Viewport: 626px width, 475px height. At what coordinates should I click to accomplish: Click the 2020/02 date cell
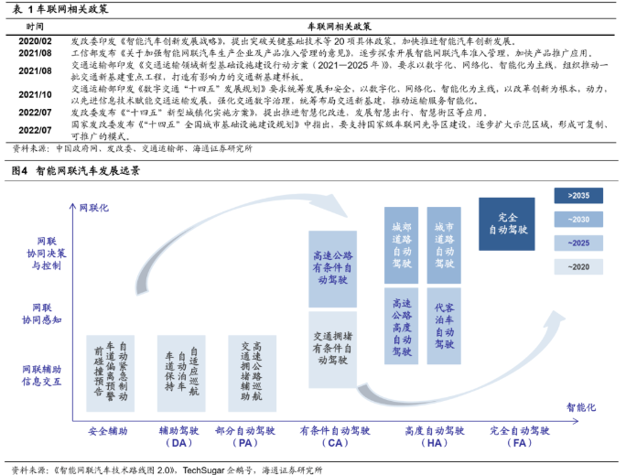(35, 42)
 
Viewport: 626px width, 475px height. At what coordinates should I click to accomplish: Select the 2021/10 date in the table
(35, 94)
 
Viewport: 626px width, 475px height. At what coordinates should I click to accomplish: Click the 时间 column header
(35, 28)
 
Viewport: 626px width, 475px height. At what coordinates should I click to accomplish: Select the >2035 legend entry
(578, 196)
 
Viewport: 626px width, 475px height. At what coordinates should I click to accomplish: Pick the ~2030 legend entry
(578, 220)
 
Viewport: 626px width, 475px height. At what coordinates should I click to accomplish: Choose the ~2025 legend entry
(578, 243)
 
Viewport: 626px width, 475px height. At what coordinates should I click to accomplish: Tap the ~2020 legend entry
(578, 266)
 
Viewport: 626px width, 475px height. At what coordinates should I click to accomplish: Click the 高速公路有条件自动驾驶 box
(338, 267)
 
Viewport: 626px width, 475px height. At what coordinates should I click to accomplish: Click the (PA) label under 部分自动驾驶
(244, 444)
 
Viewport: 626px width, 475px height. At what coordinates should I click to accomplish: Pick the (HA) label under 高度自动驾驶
(435, 444)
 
